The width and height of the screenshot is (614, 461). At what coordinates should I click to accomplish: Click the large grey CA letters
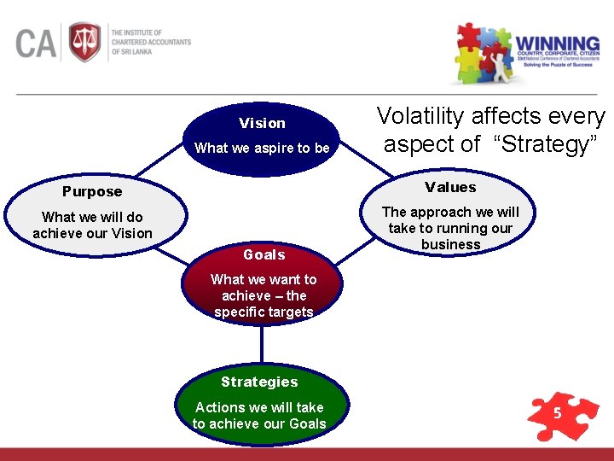pos(35,43)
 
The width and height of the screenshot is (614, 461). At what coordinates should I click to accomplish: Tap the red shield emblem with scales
pos(84,42)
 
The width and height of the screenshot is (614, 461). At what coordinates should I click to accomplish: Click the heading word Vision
pos(262,123)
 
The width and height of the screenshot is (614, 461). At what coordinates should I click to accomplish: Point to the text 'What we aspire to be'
pos(262,148)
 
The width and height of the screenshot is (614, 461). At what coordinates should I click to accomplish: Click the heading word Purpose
pos(92,191)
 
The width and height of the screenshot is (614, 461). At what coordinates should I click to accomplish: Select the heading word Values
pos(450,187)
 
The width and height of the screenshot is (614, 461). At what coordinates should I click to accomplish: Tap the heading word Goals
pos(264,254)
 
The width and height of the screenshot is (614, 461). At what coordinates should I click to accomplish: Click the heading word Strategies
pos(259,382)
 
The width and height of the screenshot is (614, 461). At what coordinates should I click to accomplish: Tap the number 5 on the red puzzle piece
pos(557,414)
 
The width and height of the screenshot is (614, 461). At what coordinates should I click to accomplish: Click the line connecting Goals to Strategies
pos(262,345)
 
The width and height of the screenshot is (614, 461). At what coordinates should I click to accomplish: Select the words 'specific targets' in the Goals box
pos(264,312)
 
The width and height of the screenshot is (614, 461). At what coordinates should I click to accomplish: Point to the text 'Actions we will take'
pos(259,407)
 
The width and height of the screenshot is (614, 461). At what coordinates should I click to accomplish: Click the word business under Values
pos(450,244)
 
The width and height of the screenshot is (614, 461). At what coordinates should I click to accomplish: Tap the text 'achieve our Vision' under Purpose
pos(92,233)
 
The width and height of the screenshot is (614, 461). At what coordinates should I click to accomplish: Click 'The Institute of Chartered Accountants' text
pos(151,42)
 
